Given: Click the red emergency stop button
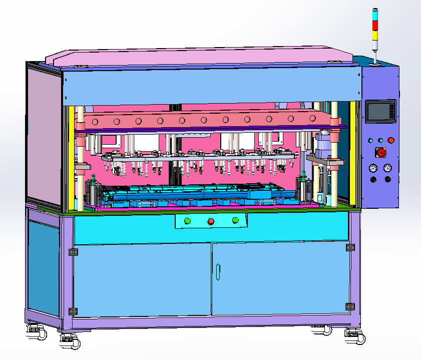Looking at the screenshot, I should (381, 153).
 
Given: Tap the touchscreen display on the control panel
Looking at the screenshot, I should (380, 112).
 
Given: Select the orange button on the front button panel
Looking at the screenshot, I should (211, 221).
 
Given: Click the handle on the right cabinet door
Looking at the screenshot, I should (218, 271).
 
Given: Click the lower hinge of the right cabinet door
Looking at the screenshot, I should (350, 306).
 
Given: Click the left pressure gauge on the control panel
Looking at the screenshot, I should (373, 168).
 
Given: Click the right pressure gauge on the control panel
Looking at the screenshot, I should (387, 168).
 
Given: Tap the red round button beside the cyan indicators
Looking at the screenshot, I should (390, 141).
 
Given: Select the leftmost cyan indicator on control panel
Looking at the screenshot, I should (371, 141).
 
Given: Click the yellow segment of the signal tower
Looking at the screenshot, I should (375, 34).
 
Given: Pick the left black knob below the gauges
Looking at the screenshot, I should (373, 180).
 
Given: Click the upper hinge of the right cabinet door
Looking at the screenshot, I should (350, 247).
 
